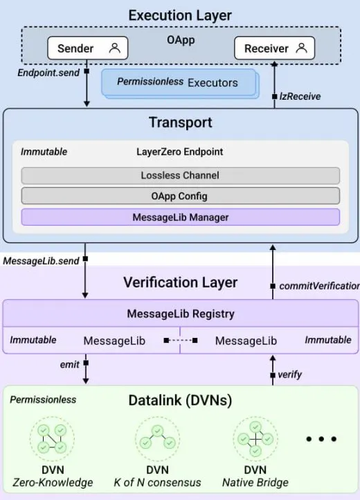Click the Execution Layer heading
click(180, 15)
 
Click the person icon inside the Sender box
click(114, 48)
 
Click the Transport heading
click(179, 123)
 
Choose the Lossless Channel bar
click(180, 175)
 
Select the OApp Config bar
click(180, 196)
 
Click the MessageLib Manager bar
click(180, 217)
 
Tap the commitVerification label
click(318, 286)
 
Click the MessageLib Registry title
click(180, 314)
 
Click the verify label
click(289, 375)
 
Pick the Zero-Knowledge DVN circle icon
click(51, 438)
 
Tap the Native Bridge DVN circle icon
click(255, 438)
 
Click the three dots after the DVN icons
click(321, 438)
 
